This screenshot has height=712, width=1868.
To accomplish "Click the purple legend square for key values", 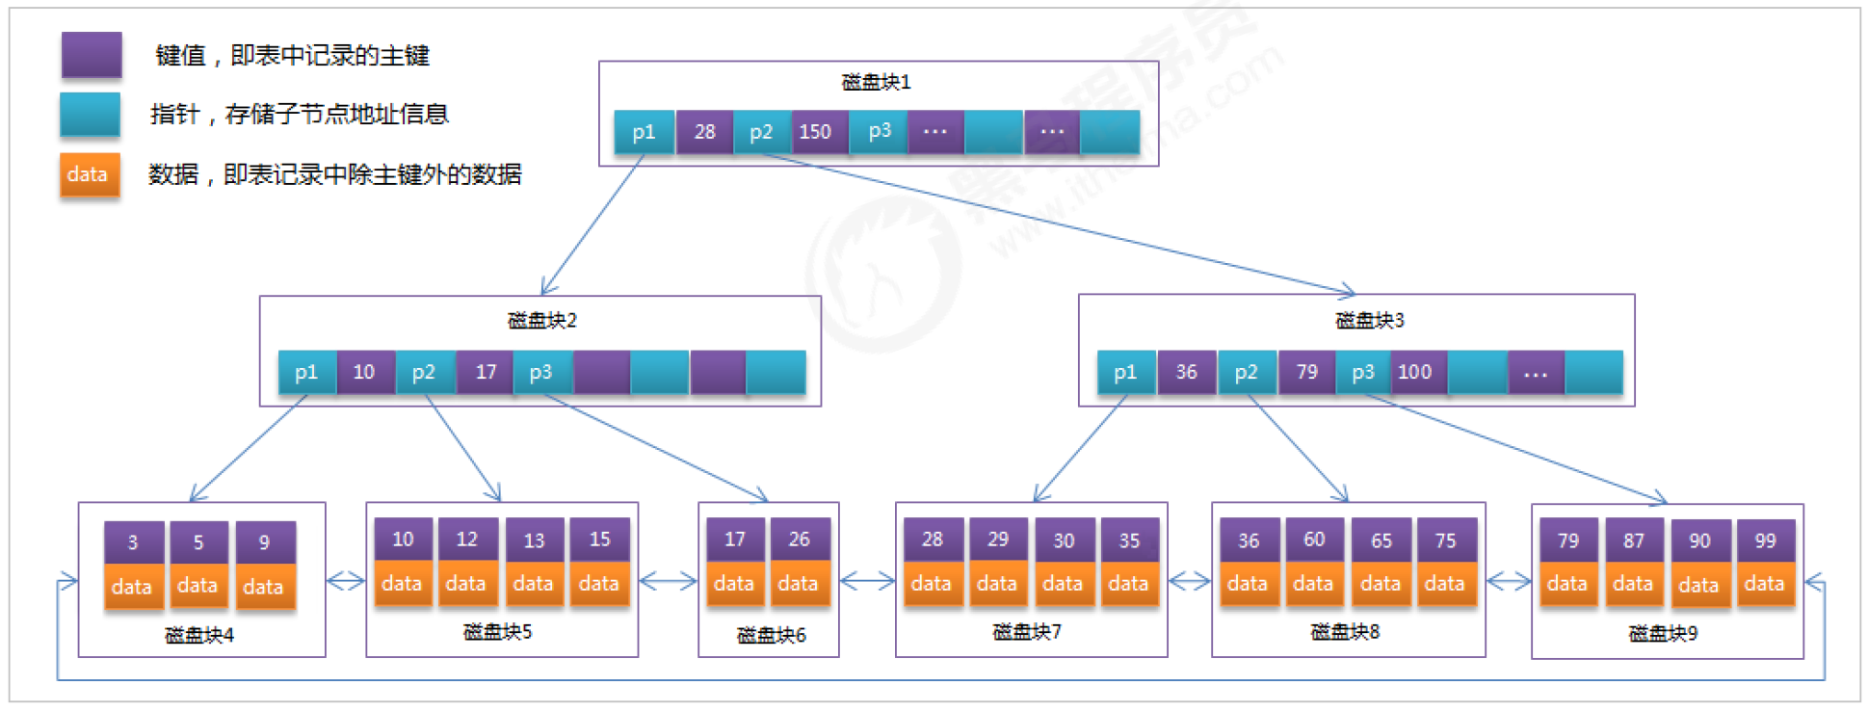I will [x=92, y=55].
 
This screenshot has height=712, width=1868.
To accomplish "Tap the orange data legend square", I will [x=90, y=174].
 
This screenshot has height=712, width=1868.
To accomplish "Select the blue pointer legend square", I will [x=90, y=115].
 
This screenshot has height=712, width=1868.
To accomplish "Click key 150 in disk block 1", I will [x=816, y=132].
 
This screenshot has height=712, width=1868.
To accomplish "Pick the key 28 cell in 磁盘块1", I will [x=704, y=132].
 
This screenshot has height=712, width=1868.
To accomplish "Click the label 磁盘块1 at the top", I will [x=876, y=82].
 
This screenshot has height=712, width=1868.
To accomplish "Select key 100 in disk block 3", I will [x=1415, y=372].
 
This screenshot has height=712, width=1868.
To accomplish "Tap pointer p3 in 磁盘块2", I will [x=540, y=372].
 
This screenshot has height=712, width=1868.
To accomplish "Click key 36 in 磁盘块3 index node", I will [x=1187, y=372].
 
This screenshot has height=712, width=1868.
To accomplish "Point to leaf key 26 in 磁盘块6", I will [x=799, y=540].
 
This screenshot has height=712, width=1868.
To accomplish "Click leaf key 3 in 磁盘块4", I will [x=133, y=542].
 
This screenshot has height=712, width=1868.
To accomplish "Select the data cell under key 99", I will [x=1764, y=584].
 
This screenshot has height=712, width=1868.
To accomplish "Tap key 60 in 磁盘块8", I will [x=1314, y=540].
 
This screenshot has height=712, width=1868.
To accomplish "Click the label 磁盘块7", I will [x=1027, y=632].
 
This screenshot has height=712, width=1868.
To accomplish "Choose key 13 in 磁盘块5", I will [x=534, y=541].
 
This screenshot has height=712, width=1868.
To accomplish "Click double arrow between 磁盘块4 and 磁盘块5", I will [x=346, y=581].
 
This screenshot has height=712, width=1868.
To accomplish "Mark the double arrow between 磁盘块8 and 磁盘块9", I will [x=1509, y=581].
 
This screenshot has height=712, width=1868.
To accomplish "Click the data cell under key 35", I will [x=1128, y=584].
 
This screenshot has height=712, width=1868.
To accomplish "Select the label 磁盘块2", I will [x=541, y=320].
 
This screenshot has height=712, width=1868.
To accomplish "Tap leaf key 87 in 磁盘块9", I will [x=1634, y=541].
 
